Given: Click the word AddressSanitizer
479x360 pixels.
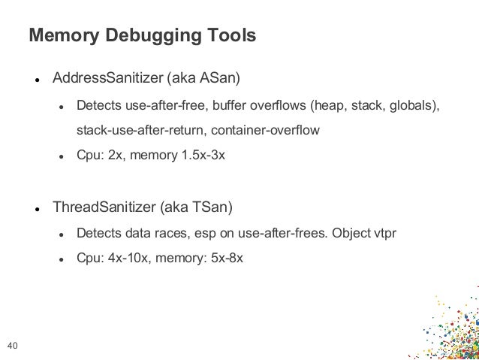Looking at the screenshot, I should (106, 77).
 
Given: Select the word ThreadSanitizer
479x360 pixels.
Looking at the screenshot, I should (101, 205).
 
